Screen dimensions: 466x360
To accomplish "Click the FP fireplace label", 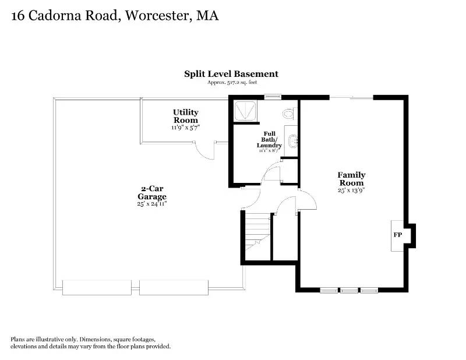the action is pyautogui.click(x=398, y=235).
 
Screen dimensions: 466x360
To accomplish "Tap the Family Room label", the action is pyautogui.click(x=351, y=179).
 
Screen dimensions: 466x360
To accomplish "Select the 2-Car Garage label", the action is pyautogui.click(x=152, y=192).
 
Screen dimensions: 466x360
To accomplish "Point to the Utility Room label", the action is pyautogui.click(x=186, y=117).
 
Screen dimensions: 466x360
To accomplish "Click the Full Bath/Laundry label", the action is pyautogui.click(x=269, y=139).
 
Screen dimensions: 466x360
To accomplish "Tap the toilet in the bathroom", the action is pyautogui.click(x=288, y=114).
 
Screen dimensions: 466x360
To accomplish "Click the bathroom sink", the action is pyautogui.click(x=294, y=140).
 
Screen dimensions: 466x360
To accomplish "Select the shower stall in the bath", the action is pyautogui.click(x=245, y=111).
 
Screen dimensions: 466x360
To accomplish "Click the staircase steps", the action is pyautogui.click(x=257, y=231).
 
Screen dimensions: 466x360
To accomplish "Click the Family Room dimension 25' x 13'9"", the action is pyautogui.click(x=351, y=190).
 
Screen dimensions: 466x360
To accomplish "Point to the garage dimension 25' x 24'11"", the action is pyautogui.click(x=152, y=204).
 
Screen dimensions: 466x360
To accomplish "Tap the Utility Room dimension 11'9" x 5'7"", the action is pyautogui.click(x=186, y=128).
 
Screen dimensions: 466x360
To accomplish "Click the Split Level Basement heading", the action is pyautogui.click(x=231, y=74).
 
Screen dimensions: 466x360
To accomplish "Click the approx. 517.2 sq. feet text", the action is pyautogui.click(x=232, y=82).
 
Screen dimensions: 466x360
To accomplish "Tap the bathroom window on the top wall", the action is pyautogui.click(x=273, y=96).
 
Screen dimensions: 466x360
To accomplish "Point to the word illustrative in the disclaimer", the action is pyautogui.click(x=50, y=339).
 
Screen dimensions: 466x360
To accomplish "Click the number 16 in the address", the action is pyautogui.click(x=18, y=16).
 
